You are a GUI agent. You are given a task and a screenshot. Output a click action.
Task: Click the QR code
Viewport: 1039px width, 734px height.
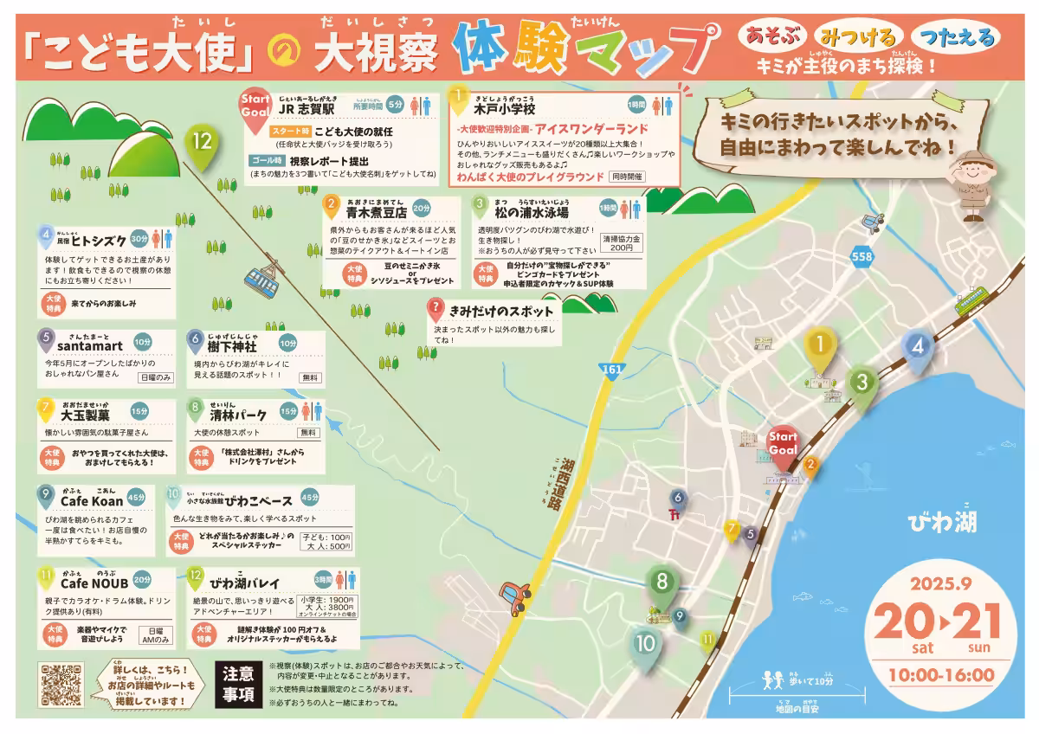tap(61, 685)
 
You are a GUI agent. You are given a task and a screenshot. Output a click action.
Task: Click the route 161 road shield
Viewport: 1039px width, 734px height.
tap(612, 370)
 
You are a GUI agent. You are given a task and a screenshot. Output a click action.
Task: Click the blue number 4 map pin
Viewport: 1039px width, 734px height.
tap(919, 348)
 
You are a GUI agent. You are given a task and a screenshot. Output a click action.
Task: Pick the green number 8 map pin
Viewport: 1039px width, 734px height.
tap(662, 584)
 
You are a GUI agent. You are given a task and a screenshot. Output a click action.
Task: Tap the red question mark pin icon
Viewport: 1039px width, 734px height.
tap(436, 309)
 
